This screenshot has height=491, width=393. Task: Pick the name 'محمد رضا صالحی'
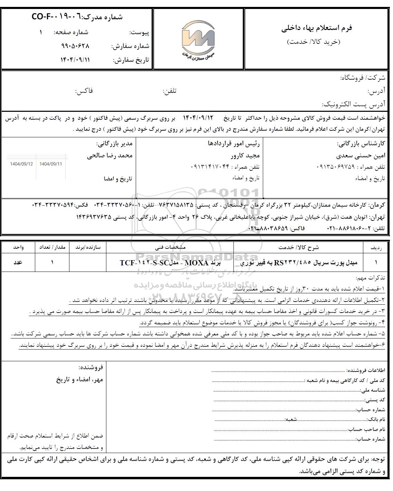point(110,155)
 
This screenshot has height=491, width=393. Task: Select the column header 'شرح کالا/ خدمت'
point(299,247)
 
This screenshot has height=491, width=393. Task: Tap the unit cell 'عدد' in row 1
point(18,262)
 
